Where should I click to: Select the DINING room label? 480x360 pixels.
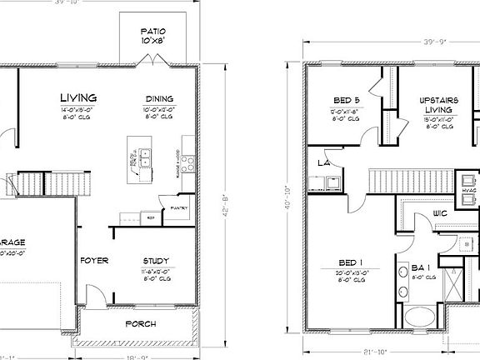click(159, 98)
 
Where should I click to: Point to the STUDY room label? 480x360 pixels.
click(157, 261)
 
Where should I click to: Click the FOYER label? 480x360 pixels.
click(94, 261)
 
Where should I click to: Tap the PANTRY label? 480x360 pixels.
click(178, 208)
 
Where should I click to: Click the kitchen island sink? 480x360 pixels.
click(144, 154)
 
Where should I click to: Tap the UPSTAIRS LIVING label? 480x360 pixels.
click(437, 104)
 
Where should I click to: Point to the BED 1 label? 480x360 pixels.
click(352, 262)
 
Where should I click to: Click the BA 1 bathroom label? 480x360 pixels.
click(421, 267)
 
